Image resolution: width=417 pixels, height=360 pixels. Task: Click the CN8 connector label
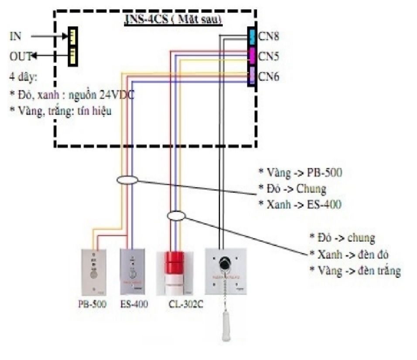point(269,36)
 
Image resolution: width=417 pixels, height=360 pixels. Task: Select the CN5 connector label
point(269,56)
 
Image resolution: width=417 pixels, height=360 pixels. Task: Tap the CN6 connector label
point(269,77)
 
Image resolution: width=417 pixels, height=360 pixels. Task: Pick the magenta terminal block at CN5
point(252,56)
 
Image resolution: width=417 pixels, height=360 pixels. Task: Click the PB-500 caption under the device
point(93,303)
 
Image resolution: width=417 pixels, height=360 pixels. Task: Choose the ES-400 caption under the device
point(134,303)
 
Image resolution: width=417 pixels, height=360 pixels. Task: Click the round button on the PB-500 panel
point(93,274)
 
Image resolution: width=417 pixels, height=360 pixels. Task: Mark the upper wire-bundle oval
point(127,180)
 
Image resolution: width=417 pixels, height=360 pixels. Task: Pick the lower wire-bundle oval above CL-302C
point(177,215)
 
